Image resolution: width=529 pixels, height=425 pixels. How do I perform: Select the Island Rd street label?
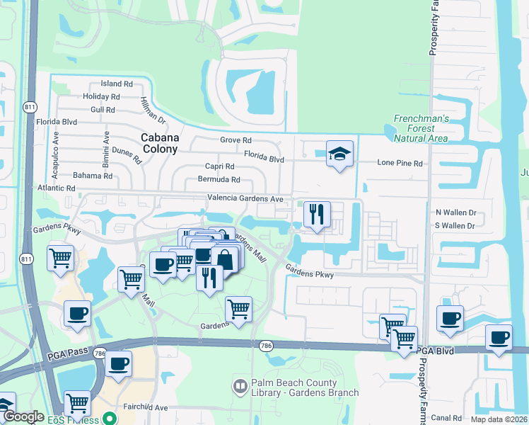(117, 84)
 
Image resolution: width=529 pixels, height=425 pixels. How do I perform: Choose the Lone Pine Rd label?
(400, 163)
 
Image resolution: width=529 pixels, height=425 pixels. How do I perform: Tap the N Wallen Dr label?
(456, 212)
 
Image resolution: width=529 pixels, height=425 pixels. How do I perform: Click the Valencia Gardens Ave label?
(245, 199)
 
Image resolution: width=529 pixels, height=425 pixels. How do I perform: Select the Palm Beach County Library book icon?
(239, 386)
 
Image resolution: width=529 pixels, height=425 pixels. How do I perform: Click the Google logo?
(23, 416)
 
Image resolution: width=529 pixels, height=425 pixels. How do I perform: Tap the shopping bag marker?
(225, 259)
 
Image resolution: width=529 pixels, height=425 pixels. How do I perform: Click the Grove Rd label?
(236, 141)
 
